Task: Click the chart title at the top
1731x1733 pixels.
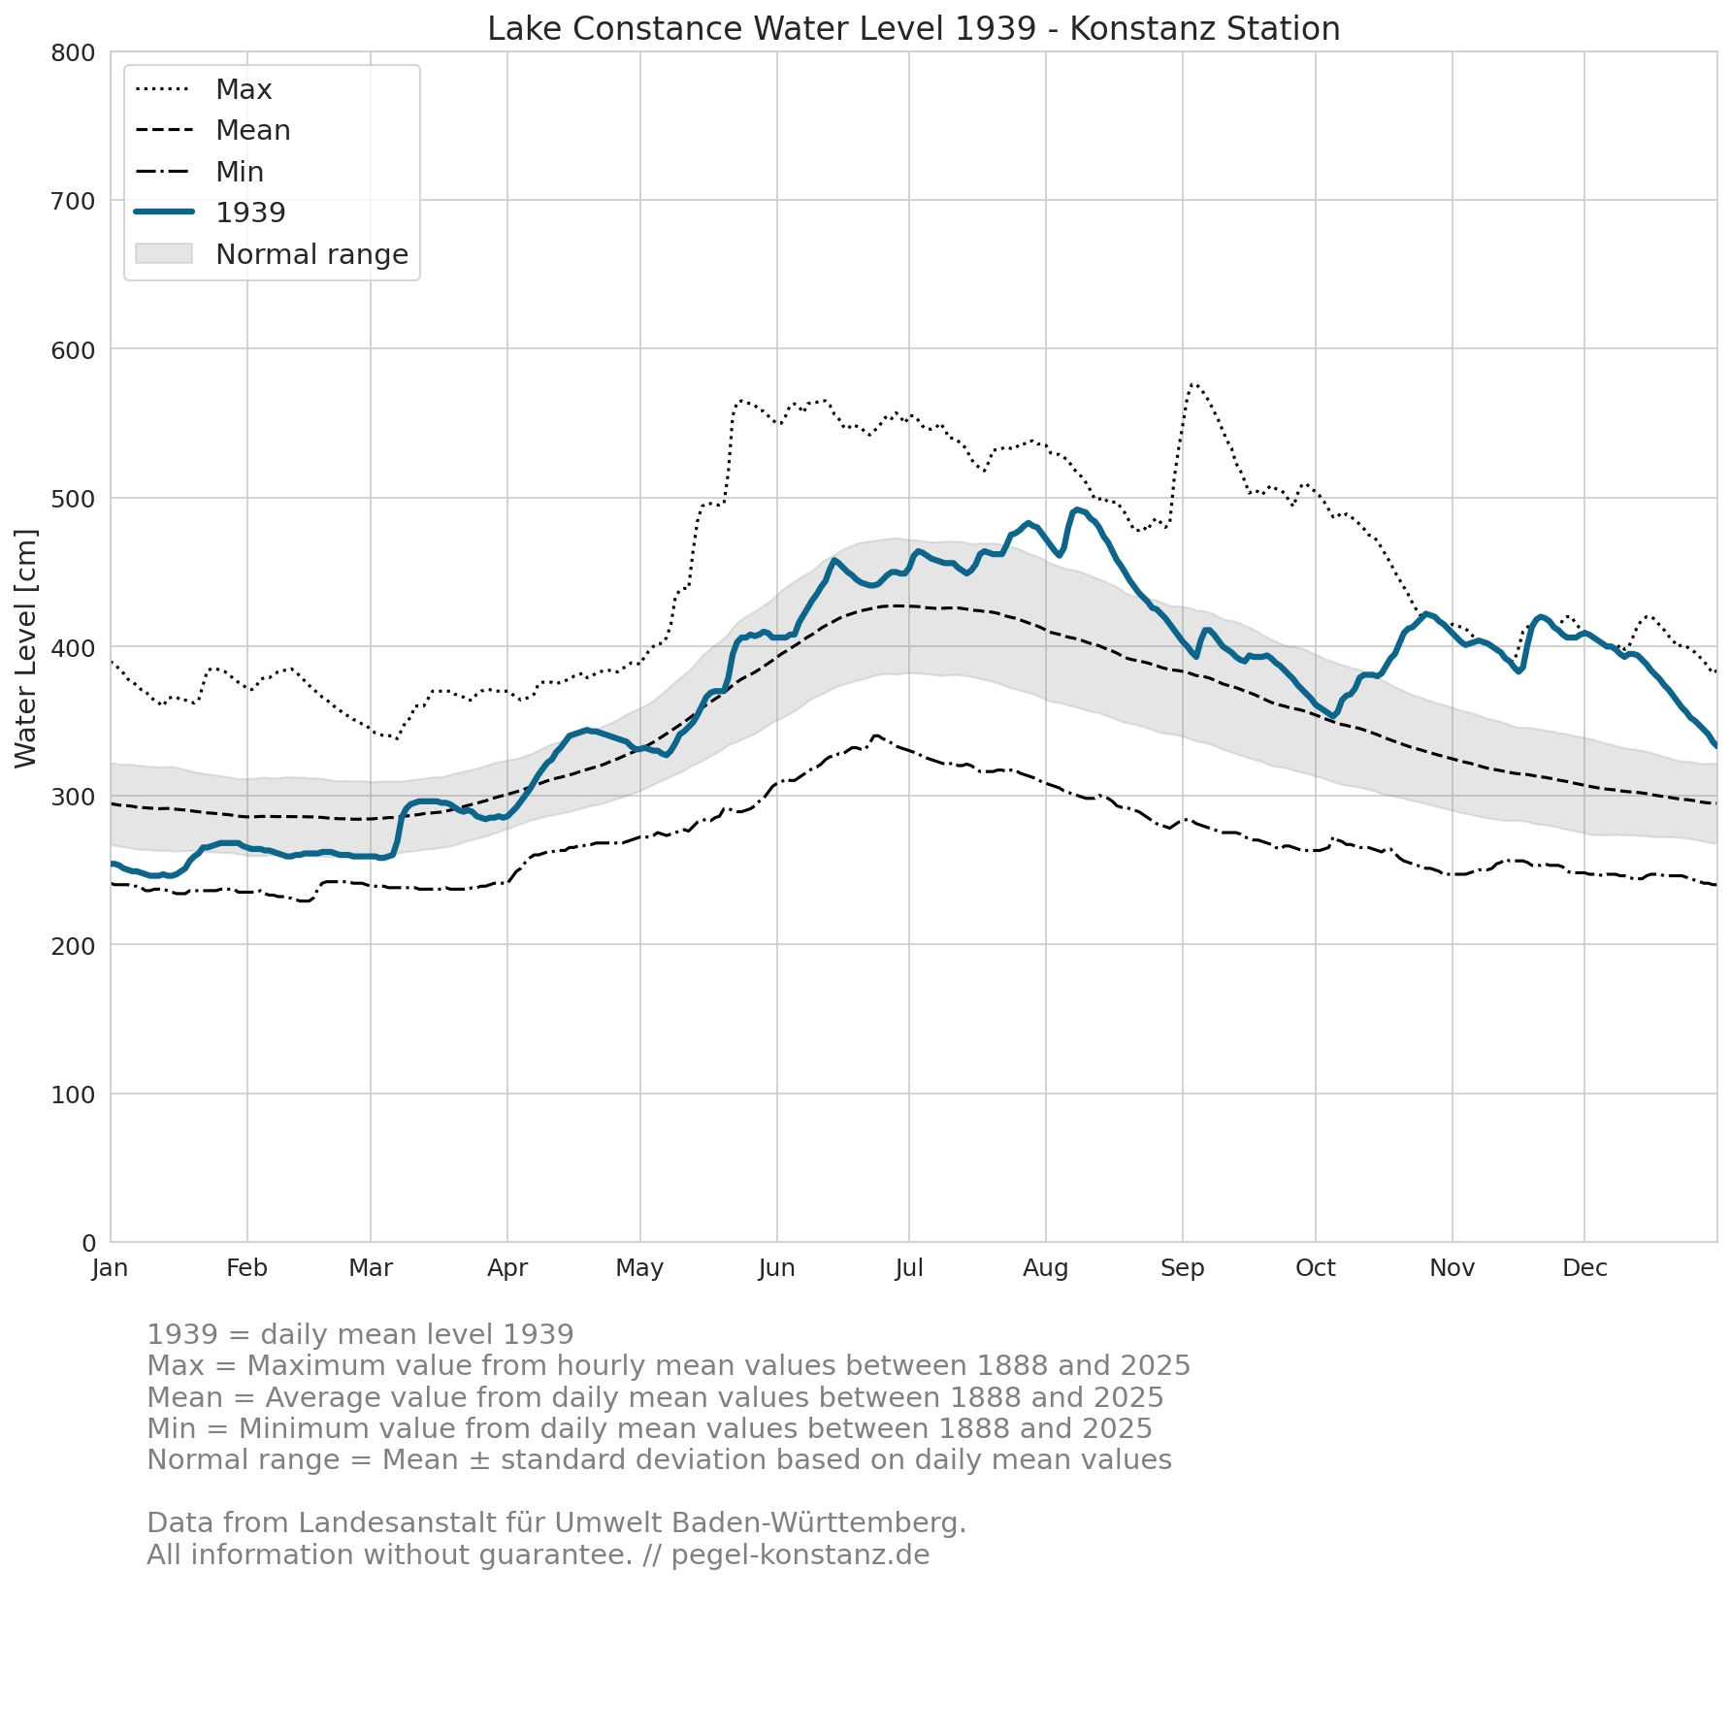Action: (913, 29)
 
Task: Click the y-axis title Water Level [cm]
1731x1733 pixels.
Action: (26, 648)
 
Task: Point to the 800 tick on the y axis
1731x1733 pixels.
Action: (73, 52)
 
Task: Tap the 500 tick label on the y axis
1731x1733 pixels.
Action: (73, 499)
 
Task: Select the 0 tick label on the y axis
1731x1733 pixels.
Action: (88, 1243)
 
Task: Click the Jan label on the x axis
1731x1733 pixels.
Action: (111, 1268)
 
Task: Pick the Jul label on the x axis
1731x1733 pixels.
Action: (909, 1268)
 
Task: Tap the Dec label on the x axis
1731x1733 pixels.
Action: (1584, 1268)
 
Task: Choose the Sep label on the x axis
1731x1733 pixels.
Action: (1183, 1268)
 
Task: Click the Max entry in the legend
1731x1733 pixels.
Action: (204, 89)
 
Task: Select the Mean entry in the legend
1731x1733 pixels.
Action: (212, 130)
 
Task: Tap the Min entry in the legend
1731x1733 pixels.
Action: (199, 172)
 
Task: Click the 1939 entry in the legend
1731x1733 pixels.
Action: (210, 213)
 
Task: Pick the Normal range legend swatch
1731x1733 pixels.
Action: (164, 253)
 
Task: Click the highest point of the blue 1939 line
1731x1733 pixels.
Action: (1077, 509)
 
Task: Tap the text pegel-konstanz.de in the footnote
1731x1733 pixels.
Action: (800, 1554)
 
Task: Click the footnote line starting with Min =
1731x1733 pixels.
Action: (649, 1428)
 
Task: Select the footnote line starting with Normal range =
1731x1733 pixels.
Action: (659, 1459)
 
